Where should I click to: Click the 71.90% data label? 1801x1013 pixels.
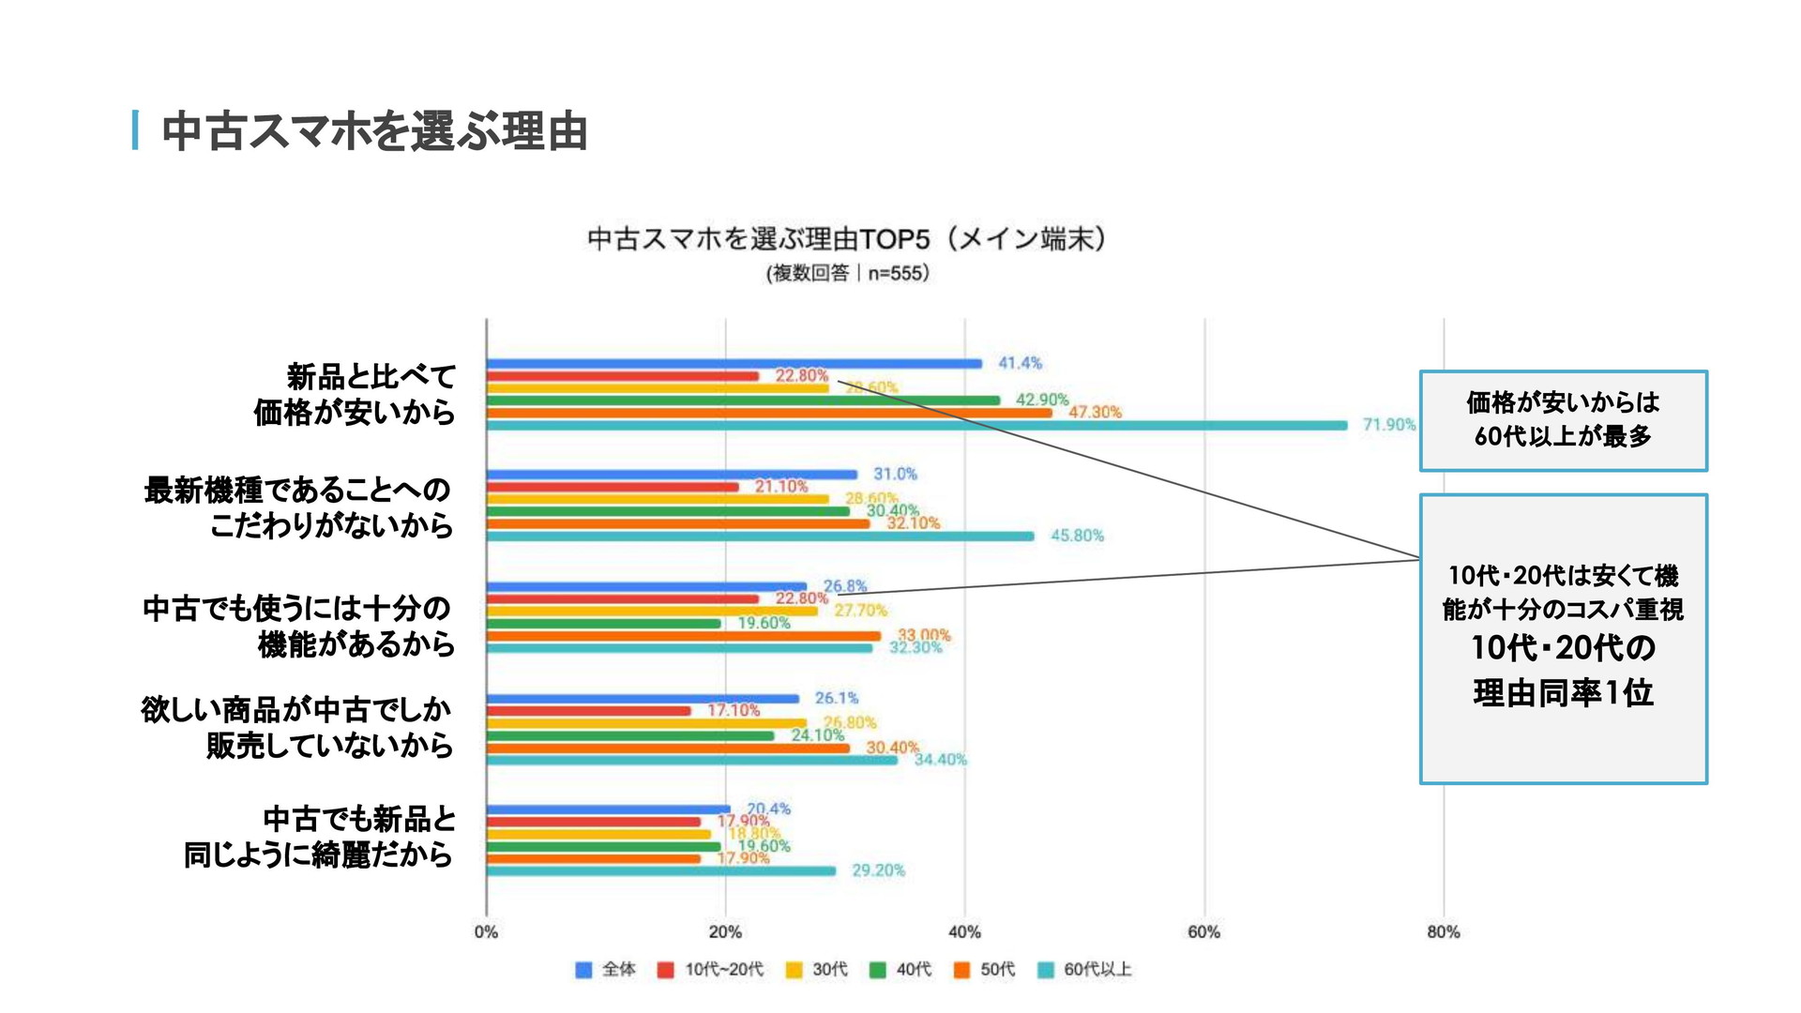(x=1388, y=425)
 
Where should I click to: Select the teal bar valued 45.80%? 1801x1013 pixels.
(x=760, y=537)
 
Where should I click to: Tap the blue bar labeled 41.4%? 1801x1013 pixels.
(x=734, y=364)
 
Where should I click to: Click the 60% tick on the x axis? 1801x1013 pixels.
(x=1203, y=932)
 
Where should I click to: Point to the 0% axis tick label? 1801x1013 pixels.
(x=486, y=932)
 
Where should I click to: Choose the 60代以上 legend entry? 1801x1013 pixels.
(x=1085, y=970)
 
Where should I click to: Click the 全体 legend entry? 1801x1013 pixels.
(x=606, y=970)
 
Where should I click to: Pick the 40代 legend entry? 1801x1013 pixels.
(x=901, y=970)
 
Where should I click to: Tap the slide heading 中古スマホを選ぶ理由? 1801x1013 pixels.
(x=374, y=131)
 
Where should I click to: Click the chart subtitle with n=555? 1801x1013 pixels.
(x=847, y=274)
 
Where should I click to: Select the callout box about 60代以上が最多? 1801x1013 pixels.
(x=1563, y=420)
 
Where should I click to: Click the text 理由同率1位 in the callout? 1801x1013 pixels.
(x=1563, y=693)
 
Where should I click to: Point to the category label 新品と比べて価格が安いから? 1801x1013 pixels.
(x=355, y=395)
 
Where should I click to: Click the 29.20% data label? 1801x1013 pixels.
(x=878, y=870)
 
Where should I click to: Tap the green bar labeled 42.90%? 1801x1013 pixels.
(x=743, y=401)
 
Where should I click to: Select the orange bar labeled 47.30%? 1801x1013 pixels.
(x=769, y=413)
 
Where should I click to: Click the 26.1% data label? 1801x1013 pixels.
(x=837, y=698)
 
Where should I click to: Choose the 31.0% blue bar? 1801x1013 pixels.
(x=672, y=475)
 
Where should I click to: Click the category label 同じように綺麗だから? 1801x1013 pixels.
(x=318, y=854)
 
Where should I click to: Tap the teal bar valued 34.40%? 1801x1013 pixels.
(x=691, y=760)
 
